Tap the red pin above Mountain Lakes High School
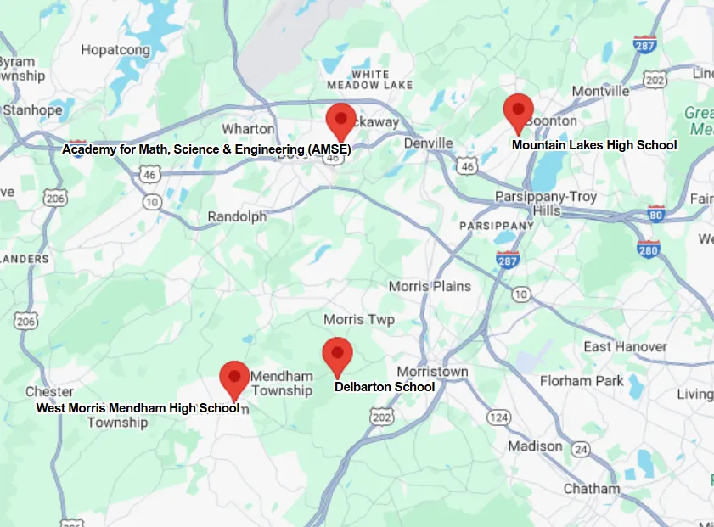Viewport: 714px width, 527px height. [x=518, y=111]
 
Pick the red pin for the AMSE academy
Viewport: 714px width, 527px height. [x=341, y=119]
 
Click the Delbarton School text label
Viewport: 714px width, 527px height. [x=385, y=387]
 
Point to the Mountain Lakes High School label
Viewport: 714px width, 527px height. [x=594, y=145]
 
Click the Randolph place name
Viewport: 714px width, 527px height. [x=237, y=217]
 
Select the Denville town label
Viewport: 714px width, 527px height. [x=428, y=143]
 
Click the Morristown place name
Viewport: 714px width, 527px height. [x=432, y=373]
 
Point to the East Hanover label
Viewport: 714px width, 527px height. [x=625, y=347]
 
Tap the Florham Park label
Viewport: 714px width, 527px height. [x=582, y=381]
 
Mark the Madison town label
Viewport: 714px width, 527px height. [x=535, y=446]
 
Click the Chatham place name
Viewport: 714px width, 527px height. [x=592, y=489]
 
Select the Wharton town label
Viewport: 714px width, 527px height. [x=248, y=129]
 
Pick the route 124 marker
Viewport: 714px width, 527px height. [x=498, y=418]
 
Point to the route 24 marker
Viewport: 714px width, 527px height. [x=581, y=448]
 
